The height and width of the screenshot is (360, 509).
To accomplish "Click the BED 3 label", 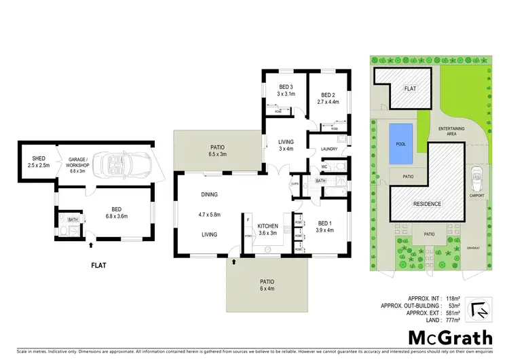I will [286, 87].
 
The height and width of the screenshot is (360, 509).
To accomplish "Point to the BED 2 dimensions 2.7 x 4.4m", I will [327, 102].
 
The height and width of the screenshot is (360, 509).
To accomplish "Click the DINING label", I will [209, 195].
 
